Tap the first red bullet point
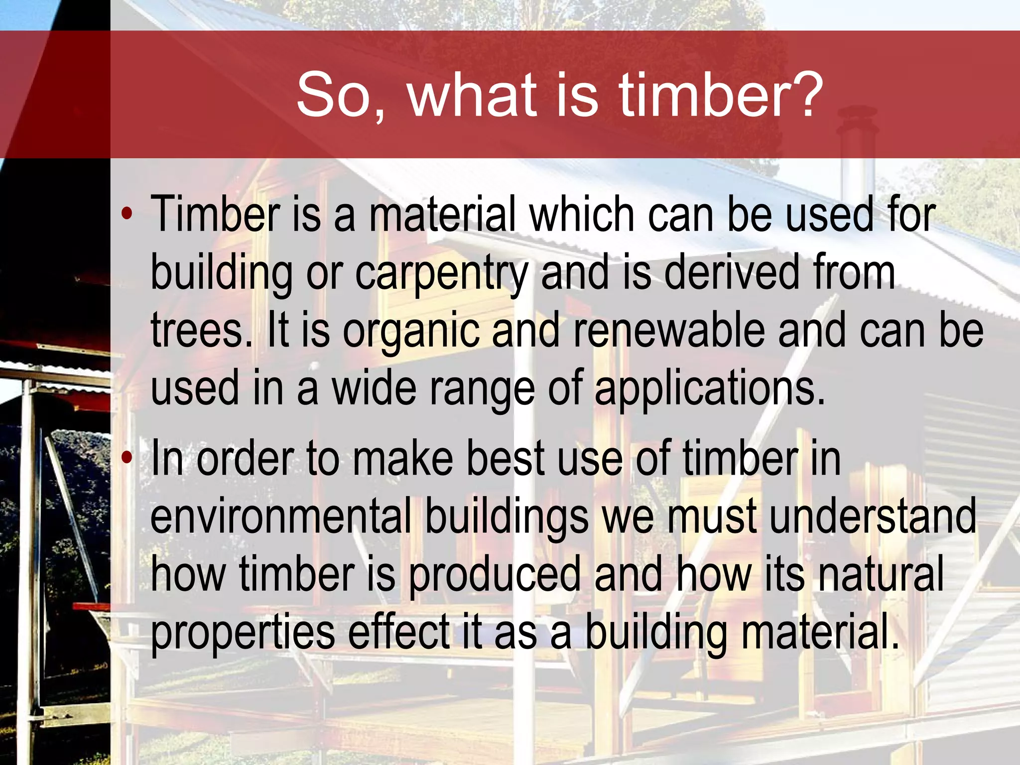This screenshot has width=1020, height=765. [x=127, y=214]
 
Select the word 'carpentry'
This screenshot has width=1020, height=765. [x=441, y=273]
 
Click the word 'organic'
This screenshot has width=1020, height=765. [x=411, y=330]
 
